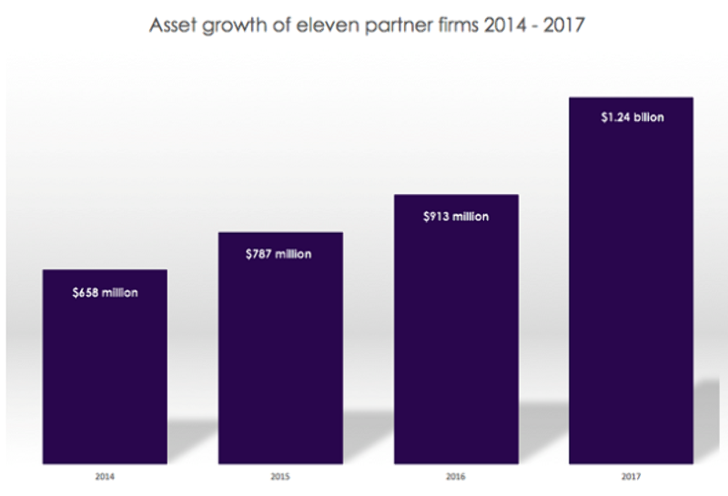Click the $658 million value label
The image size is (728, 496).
(x=105, y=293)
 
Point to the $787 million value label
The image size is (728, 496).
(x=278, y=254)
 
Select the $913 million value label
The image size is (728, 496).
(x=455, y=217)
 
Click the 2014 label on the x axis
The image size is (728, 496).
(x=106, y=475)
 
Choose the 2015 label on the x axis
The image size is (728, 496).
(x=280, y=475)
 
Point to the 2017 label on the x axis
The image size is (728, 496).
(x=631, y=475)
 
